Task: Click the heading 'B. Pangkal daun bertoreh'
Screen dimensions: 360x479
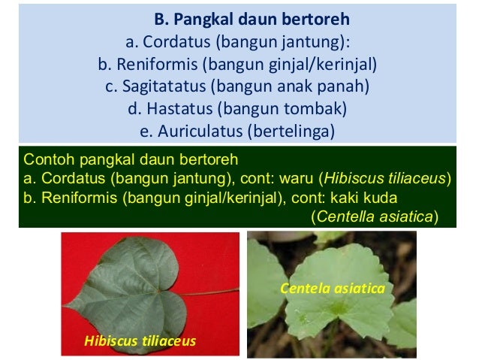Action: pos(252,17)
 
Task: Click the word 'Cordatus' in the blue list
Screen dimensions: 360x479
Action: pos(170,41)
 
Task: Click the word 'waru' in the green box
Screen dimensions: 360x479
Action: pos(300,179)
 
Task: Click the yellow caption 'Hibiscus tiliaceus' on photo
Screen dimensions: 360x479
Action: pos(140,341)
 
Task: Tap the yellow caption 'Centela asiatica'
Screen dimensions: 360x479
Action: pos(333,289)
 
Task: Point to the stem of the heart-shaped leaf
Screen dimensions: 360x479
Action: pos(218,291)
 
